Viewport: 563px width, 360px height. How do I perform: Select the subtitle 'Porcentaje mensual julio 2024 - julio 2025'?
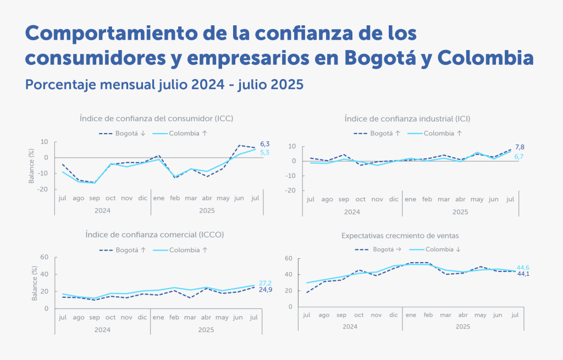tap(164, 85)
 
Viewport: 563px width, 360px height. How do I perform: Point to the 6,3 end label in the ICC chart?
tap(266, 143)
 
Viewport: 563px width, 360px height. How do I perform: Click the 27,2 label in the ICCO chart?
tap(266, 283)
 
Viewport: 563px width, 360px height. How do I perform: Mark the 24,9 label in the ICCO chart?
tap(266, 290)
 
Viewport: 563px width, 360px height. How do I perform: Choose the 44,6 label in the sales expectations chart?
tap(523, 267)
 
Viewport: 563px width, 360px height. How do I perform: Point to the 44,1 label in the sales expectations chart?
tap(523, 274)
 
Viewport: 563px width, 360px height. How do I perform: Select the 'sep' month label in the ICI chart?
tap(344, 199)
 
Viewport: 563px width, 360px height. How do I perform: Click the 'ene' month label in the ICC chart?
tap(159, 197)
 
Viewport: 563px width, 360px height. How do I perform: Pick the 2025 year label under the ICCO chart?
tap(206, 330)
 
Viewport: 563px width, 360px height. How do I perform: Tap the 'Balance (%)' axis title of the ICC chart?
tap(31, 165)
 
